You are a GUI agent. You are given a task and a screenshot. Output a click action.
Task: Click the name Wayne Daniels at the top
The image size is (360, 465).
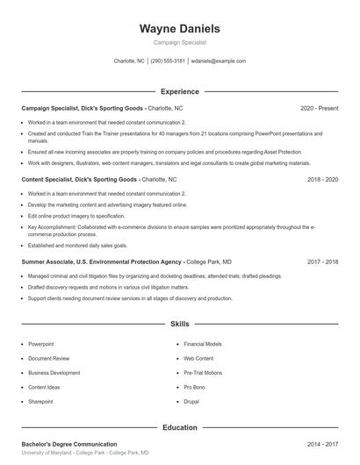pos(179,29)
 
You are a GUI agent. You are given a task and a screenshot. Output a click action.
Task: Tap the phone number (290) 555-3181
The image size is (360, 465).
pos(168,61)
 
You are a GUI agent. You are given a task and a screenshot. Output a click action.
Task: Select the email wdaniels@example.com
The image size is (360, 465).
pos(218,61)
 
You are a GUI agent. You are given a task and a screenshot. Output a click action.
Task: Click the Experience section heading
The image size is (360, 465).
pos(179,91)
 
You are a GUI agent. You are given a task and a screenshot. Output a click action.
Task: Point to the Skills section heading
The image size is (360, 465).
pos(179,324)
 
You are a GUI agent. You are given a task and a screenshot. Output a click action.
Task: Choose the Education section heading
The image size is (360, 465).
pos(179,427)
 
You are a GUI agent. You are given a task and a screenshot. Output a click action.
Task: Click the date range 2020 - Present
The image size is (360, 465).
pos(319,108)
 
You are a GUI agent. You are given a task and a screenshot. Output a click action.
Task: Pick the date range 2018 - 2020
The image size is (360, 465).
pos(322,179)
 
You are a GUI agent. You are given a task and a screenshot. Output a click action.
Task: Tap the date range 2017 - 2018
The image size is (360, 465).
pos(322,261)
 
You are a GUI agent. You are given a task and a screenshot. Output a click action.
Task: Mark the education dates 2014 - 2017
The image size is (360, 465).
pos(322,445)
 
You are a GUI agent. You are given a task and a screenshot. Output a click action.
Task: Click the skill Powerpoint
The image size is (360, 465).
pos(40,345)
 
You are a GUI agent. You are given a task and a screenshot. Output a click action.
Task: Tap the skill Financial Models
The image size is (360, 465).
pos(203,345)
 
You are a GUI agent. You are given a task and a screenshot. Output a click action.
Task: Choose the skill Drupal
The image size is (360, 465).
pos(192,401)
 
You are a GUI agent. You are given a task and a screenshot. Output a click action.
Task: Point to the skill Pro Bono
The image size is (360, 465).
pos(195,387)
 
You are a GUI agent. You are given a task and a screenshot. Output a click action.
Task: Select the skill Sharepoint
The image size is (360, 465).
pos(41,401)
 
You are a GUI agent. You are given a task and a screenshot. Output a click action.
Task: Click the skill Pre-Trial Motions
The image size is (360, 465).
pos(203,373)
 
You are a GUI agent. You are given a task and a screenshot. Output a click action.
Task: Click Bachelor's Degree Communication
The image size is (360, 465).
pos(69,445)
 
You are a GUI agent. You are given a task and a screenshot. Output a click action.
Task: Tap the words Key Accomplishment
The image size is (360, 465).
pos(52,226)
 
